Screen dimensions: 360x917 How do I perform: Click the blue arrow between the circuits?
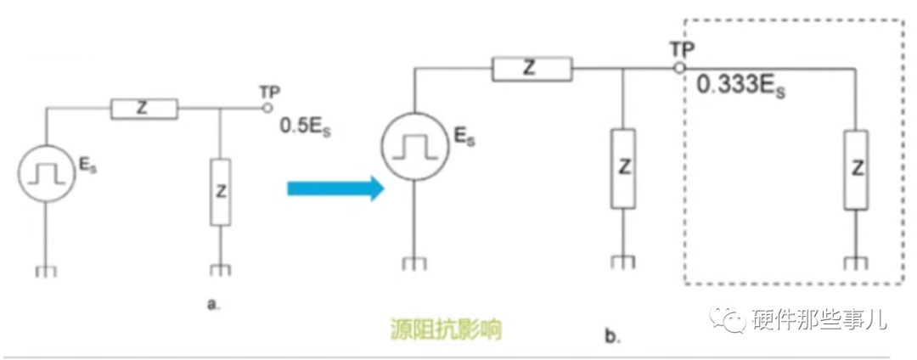point(331,189)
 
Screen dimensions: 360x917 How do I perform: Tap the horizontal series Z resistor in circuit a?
point(143,108)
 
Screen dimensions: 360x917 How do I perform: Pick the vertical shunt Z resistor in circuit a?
point(221,191)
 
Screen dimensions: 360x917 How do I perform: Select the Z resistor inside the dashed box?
point(857,169)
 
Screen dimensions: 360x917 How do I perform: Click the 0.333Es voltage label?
point(739,86)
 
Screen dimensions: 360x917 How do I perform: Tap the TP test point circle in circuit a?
point(266,108)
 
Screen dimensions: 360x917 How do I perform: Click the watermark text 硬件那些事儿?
point(819,320)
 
